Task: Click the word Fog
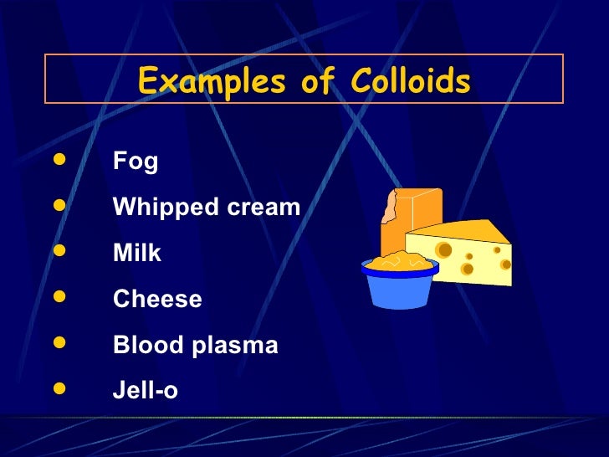tap(136, 162)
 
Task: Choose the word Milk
tap(137, 253)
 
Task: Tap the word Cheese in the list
tap(157, 299)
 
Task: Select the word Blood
tap(149, 345)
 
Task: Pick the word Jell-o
tap(146, 390)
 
